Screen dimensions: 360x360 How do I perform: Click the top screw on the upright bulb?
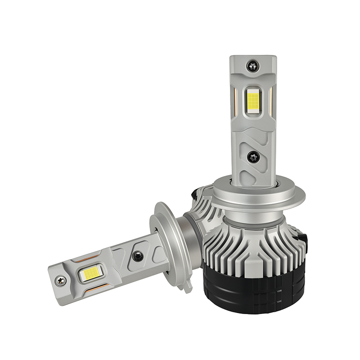(x=252, y=67)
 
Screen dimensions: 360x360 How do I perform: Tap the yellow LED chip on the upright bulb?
(x=252, y=100)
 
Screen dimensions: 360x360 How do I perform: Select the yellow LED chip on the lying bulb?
(x=89, y=274)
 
